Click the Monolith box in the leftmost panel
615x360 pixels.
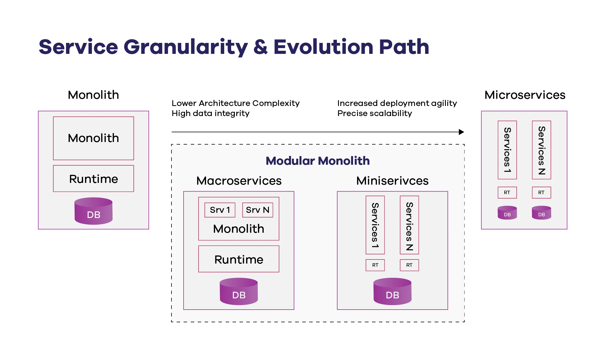tap(93, 138)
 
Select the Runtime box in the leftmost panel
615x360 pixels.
tap(93, 179)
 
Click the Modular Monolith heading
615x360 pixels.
tap(318, 161)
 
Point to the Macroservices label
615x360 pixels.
tap(239, 181)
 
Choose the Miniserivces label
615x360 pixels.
tap(392, 181)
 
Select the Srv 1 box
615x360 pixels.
tap(220, 210)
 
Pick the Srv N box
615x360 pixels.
tap(257, 210)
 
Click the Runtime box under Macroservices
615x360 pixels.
tap(239, 259)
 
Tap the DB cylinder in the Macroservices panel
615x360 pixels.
tap(239, 291)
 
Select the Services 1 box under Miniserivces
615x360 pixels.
tap(375, 225)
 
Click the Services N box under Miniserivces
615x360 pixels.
tap(409, 225)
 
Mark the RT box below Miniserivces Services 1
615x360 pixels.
tap(375, 265)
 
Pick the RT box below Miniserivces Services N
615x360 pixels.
tap(409, 265)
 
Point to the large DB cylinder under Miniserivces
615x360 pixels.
tap(392, 291)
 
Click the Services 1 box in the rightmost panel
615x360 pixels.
tap(507, 150)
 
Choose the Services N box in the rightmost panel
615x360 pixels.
tap(541, 150)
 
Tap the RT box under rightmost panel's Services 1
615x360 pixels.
tap(507, 192)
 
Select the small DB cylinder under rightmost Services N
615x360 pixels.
tap(541, 213)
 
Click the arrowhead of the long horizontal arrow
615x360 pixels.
tap(462, 132)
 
